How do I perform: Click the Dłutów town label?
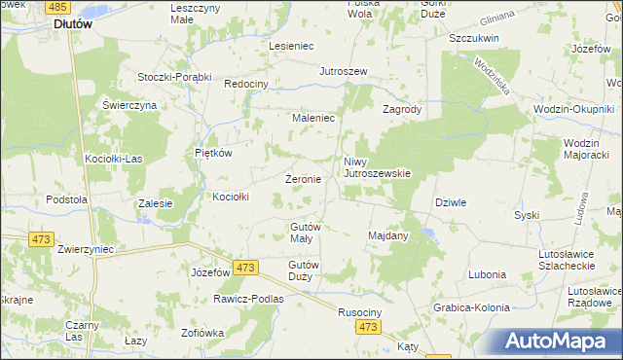(x=73, y=25)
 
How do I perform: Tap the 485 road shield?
(x=57, y=6)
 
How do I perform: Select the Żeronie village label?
(x=302, y=179)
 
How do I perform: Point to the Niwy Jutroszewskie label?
(x=378, y=167)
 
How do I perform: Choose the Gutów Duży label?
(x=304, y=270)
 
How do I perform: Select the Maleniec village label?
(x=313, y=118)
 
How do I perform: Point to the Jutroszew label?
(x=343, y=72)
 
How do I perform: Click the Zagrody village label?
(x=401, y=110)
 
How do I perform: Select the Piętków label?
(x=212, y=153)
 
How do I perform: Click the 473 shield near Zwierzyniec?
(x=41, y=238)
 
